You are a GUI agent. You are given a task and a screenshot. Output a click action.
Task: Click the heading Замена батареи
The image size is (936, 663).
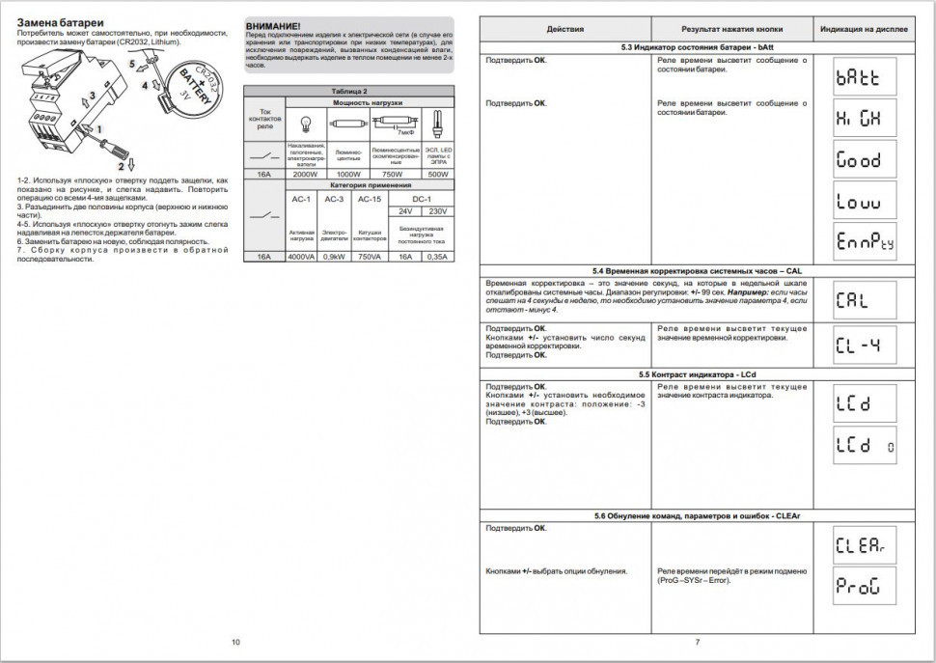tap(63, 22)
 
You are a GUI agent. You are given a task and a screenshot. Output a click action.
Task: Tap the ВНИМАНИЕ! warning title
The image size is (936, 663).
tap(273, 22)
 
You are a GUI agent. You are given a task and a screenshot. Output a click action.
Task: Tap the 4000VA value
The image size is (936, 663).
tap(300, 257)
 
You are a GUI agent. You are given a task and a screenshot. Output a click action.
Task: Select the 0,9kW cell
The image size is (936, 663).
tap(335, 257)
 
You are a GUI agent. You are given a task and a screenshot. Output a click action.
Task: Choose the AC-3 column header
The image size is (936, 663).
tap(335, 199)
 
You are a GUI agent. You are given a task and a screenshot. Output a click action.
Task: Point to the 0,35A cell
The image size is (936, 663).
tap(437, 257)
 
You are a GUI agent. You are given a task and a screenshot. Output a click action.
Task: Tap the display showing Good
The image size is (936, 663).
tap(859, 160)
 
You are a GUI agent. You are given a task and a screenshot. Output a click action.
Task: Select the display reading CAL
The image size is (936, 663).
tap(859, 299)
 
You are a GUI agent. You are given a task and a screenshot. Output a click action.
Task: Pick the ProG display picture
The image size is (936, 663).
tap(859, 586)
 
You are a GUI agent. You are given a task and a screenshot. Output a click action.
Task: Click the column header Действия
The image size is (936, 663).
tap(564, 29)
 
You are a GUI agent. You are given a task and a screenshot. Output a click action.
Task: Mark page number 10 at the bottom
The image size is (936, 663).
tap(235, 642)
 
